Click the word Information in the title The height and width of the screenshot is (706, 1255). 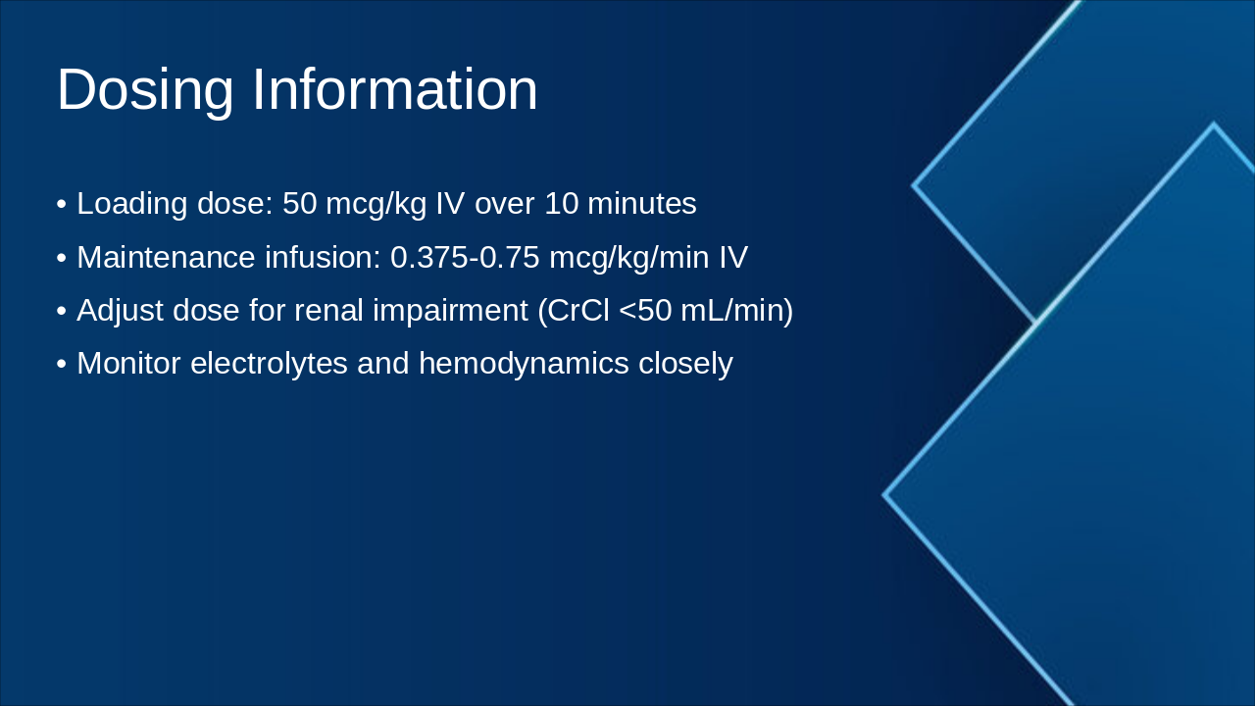(x=395, y=90)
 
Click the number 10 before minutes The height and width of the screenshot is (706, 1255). (x=561, y=204)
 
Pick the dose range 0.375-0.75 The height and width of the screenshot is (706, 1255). (x=465, y=258)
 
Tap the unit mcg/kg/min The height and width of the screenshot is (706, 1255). (x=629, y=258)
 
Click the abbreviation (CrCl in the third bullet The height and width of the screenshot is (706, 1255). (x=574, y=311)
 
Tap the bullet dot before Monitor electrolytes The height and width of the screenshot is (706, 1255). (x=62, y=365)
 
